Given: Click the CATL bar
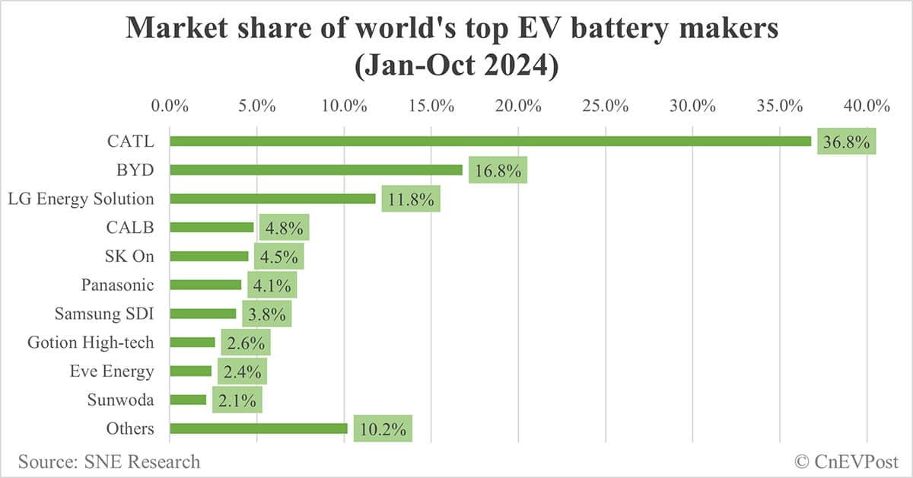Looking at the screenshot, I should point(490,141).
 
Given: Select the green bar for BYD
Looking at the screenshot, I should point(316,170).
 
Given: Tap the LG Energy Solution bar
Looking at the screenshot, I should point(272,199).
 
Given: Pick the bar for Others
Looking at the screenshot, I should point(259,429).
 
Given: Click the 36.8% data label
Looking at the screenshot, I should point(846,142).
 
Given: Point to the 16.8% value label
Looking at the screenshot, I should point(498,170).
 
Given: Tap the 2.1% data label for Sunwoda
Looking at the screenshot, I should point(237,400).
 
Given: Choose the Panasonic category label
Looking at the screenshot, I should point(117,285).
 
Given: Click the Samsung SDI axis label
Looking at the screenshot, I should point(104,314).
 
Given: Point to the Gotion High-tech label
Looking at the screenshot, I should point(91,343).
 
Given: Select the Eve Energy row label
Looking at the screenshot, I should point(111,371).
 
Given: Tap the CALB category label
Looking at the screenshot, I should point(130,227).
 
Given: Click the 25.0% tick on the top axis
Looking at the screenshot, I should point(605,105).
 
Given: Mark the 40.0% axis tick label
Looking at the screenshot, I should point(867,105).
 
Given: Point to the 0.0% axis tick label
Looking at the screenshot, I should point(170,105).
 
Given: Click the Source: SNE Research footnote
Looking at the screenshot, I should point(109,461).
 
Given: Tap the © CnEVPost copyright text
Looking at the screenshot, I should point(846,461).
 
